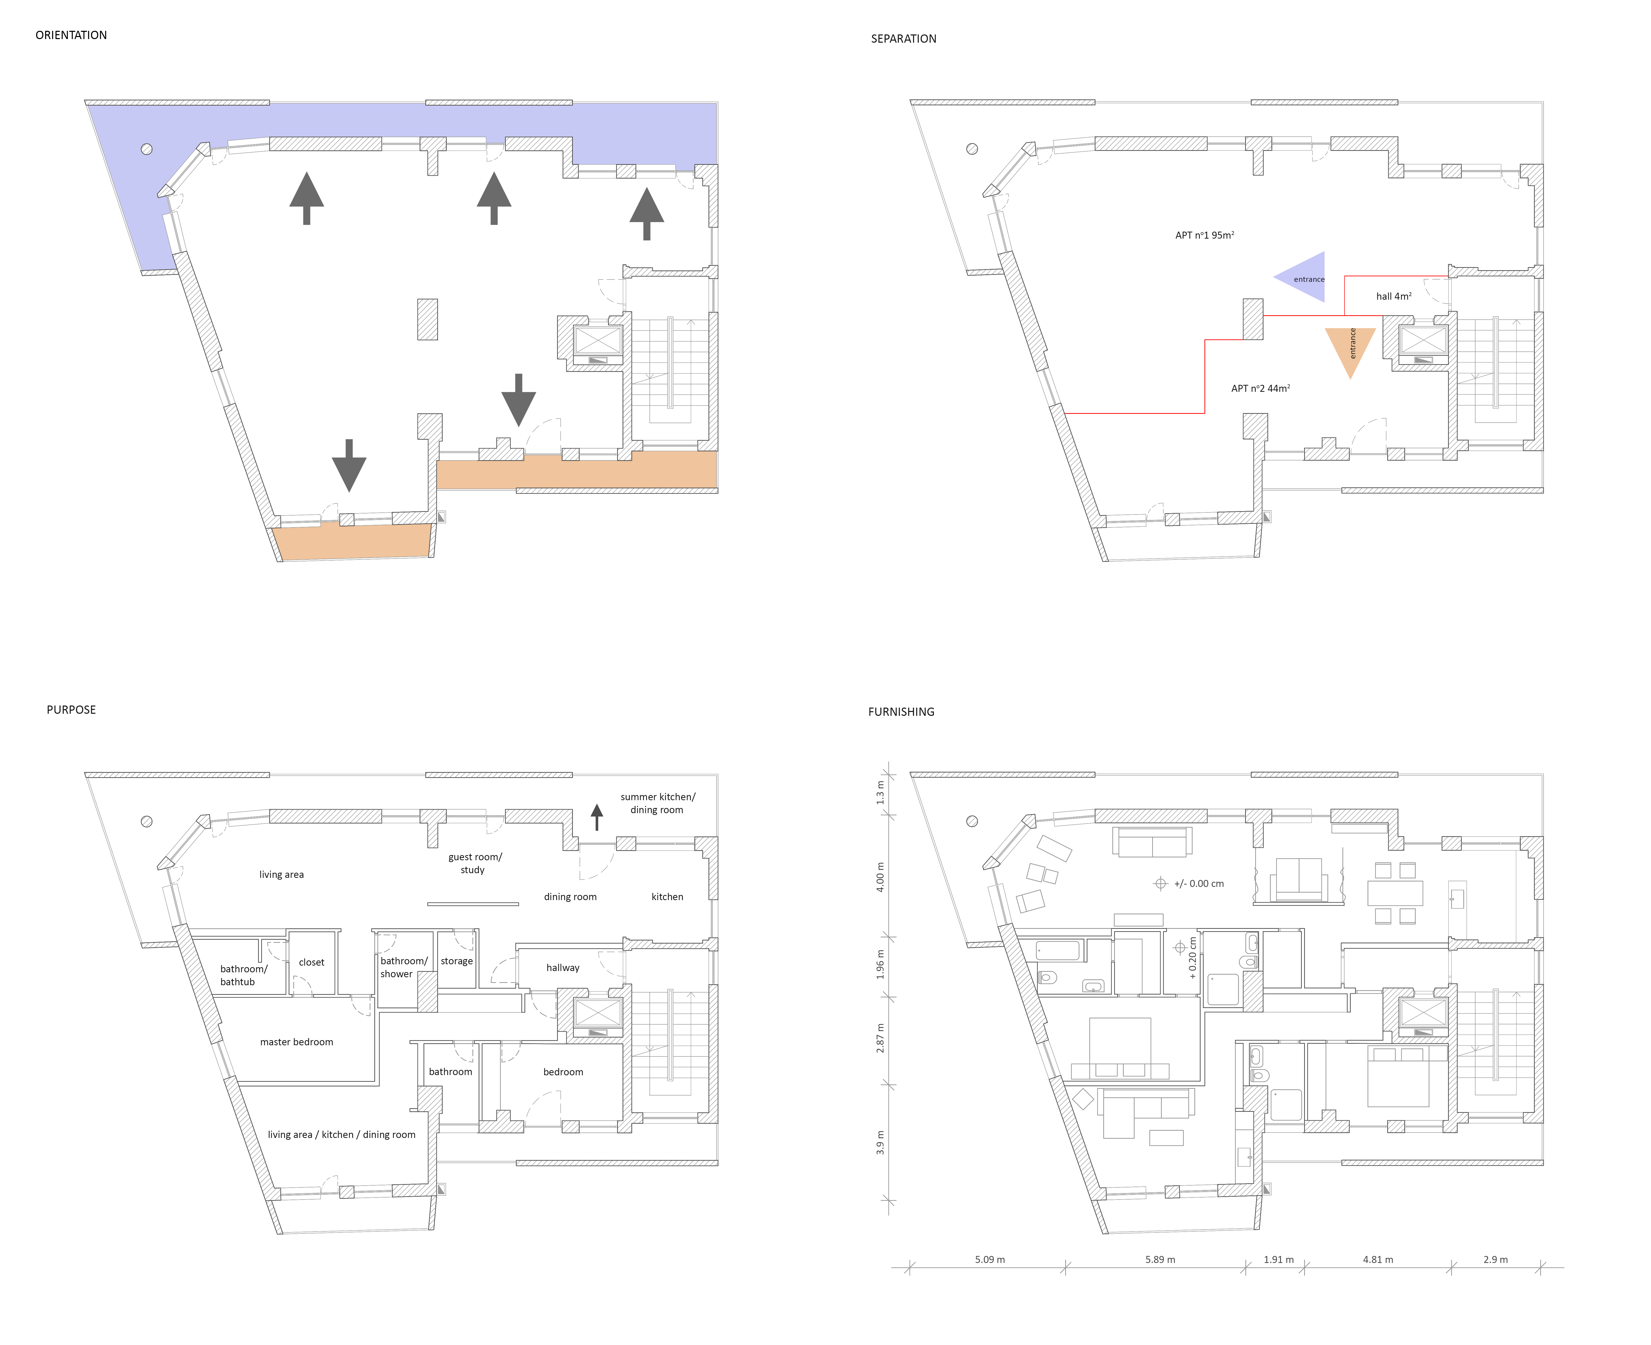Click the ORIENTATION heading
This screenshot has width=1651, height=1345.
point(71,35)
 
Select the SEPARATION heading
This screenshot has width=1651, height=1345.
point(903,39)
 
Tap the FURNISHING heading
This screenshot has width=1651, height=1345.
point(901,711)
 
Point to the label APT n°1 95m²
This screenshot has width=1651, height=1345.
point(1205,235)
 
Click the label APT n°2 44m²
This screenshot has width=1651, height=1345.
point(1261,388)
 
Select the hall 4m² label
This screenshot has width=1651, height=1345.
point(1394,296)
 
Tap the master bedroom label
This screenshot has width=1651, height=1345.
point(297,1042)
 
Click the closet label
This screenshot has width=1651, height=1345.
point(311,962)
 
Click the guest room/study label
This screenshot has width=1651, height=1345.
point(474,863)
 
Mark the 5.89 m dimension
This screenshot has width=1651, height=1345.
point(1160,1260)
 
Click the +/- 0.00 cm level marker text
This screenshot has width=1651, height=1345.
point(1199,883)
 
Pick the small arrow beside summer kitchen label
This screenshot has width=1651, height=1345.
point(597,817)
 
